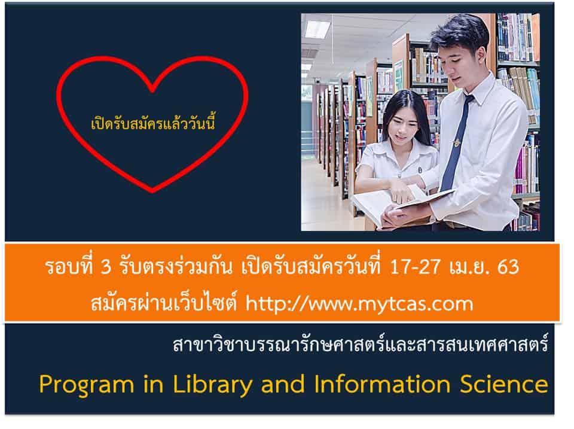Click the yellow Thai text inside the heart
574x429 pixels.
152,123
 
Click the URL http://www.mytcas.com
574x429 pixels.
359,304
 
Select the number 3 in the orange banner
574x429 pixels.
105,267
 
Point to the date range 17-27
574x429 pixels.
415,267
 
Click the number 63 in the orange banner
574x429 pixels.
508,267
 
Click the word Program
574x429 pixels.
87,385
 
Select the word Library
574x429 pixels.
212,385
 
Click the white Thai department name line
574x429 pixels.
361,345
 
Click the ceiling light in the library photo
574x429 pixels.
317,29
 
